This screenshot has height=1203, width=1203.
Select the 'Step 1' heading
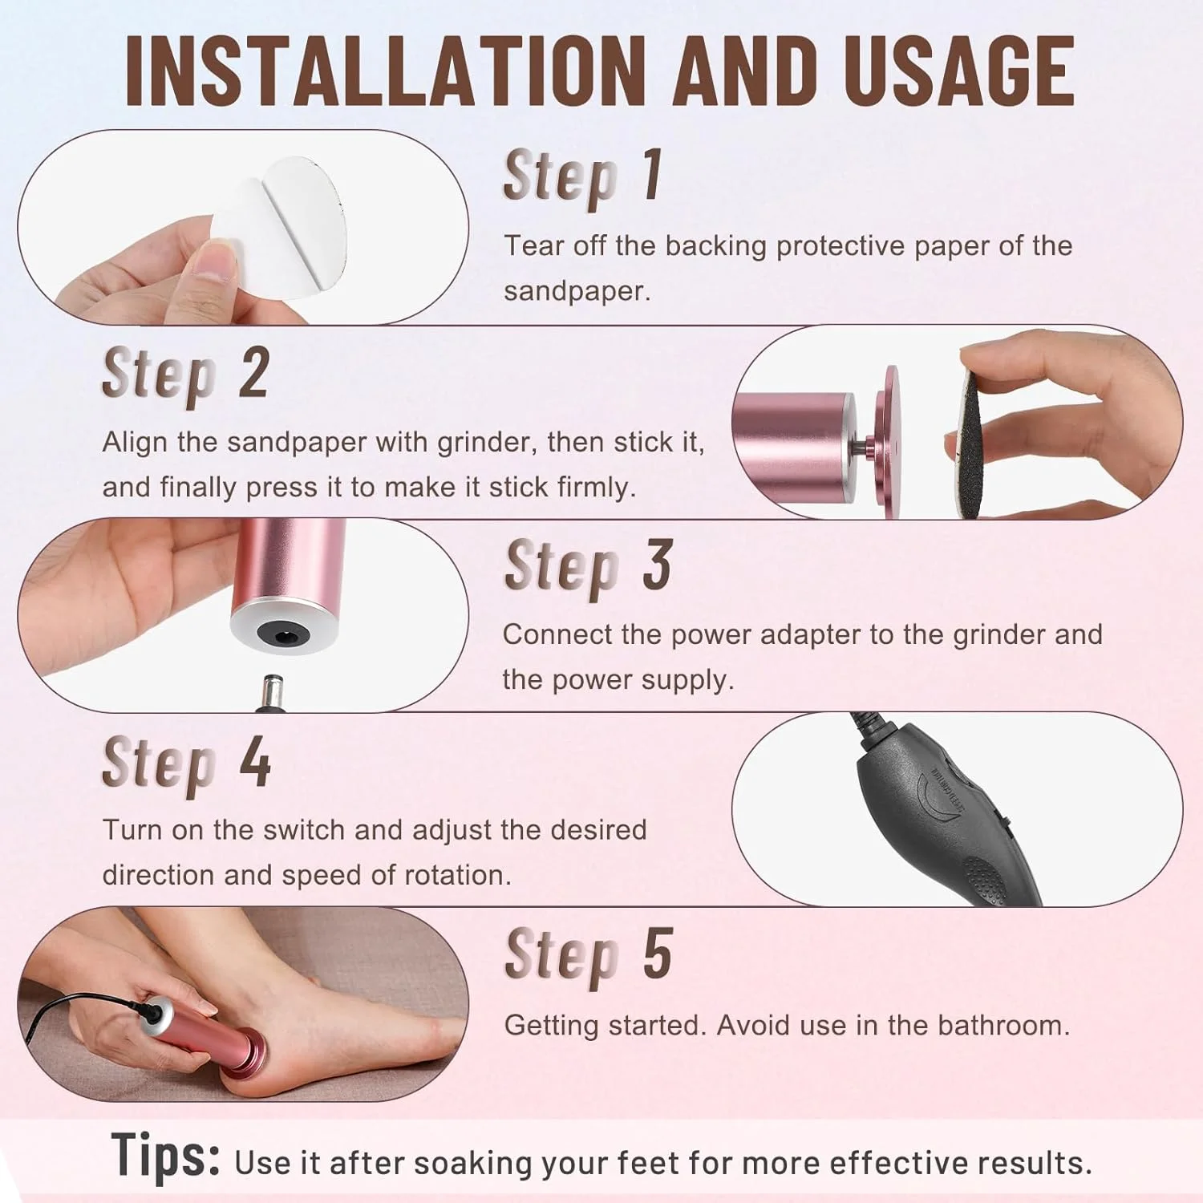(583, 176)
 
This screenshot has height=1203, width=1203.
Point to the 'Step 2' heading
(185, 374)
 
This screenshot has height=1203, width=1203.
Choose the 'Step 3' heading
(588, 566)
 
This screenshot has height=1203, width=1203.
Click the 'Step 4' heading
(186, 763)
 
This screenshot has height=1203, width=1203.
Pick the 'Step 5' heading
(588, 954)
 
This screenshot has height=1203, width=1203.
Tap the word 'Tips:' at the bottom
(166, 1156)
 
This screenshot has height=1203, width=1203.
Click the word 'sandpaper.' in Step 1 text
(577, 291)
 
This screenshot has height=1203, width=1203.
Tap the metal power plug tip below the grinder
(267, 691)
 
